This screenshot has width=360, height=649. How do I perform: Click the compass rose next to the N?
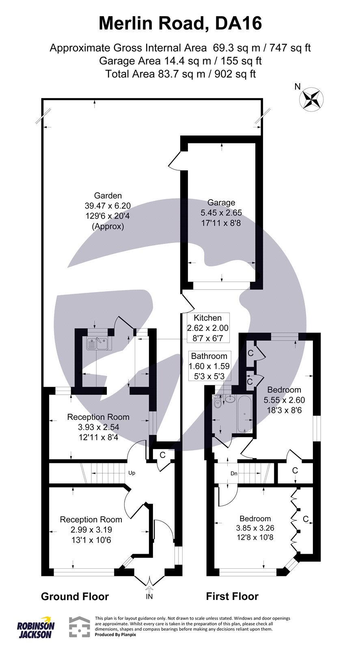click(311, 99)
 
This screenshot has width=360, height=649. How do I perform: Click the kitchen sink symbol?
click(97, 344)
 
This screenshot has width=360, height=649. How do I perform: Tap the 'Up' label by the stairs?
click(131, 473)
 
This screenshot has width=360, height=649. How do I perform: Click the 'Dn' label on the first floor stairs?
click(233, 473)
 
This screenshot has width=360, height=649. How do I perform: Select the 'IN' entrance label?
click(150, 597)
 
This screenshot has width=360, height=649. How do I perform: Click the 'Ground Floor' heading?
click(75, 596)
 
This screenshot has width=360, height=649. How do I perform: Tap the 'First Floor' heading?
click(232, 596)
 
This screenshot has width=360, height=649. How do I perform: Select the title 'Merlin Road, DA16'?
click(180, 24)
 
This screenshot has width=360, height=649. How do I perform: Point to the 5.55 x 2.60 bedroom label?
click(284, 400)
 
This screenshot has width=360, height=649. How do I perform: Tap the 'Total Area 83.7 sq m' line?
click(180, 74)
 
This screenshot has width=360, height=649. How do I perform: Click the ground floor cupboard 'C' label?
click(162, 455)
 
